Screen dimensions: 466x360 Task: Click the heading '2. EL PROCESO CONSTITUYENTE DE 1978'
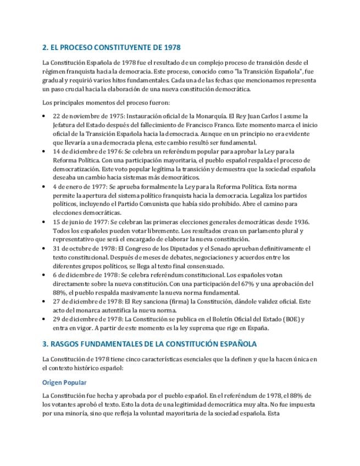pyautogui.click(x=112, y=48)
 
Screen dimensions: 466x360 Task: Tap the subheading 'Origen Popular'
pyautogui.click(x=64, y=382)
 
